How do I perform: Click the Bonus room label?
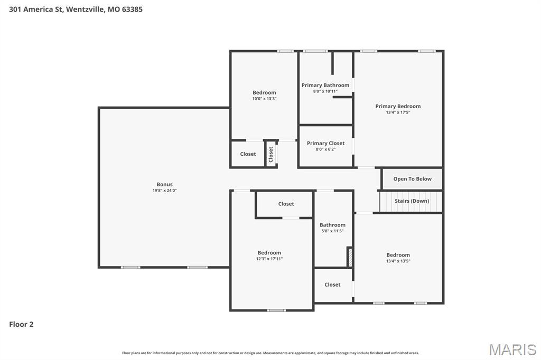pyautogui.click(x=164, y=184)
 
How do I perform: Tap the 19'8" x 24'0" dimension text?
pyautogui.click(x=164, y=191)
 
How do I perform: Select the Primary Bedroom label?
pyautogui.click(x=398, y=106)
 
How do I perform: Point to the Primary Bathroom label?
pyautogui.click(x=325, y=85)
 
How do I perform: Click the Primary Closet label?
pyautogui.click(x=325, y=143)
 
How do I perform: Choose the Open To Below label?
pyautogui.click(x=412, y=179)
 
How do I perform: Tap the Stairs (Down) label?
pyautogui.click(x=412, y=201)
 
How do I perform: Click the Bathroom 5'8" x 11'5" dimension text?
pyautogui.click(x=332, y=231)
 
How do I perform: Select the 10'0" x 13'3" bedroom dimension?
pyautogui.click(x=264, y=99)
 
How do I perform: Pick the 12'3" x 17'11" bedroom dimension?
pyautogui.click(x=269, y=259)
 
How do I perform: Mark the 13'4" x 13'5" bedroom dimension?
pyautogui.click(x=398, y=261)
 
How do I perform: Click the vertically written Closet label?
pyautogui.click(x=271, y=154)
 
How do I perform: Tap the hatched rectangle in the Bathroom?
pyautogui.click(x=349, y=257)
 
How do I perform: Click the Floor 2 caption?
pyautogui.click(x=21, y=324)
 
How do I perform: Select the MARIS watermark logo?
pyautogui.click(x=512, y=349)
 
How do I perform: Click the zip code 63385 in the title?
pyautogui.click(x=132, y=9)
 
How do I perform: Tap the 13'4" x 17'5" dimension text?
pyautogui.click(x=398, y=112)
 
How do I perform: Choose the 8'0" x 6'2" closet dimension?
pyautogui.click(x=325, y=149)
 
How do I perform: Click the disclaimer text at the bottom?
pyautogui.click(x=270, y=353)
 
